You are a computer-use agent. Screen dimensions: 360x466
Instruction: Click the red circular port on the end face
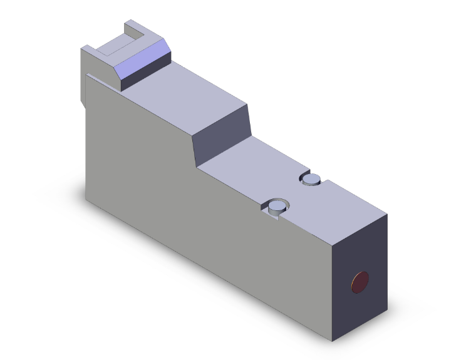pos(361,282)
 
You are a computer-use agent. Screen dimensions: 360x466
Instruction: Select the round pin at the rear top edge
pos(311,180)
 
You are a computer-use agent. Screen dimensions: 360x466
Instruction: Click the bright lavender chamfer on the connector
pos(142,62)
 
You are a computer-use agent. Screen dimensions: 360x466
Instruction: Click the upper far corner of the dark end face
pos(387,215)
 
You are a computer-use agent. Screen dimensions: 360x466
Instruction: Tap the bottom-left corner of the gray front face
pos(86,200)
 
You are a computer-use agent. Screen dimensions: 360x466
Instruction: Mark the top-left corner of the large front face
pos(86,75)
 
